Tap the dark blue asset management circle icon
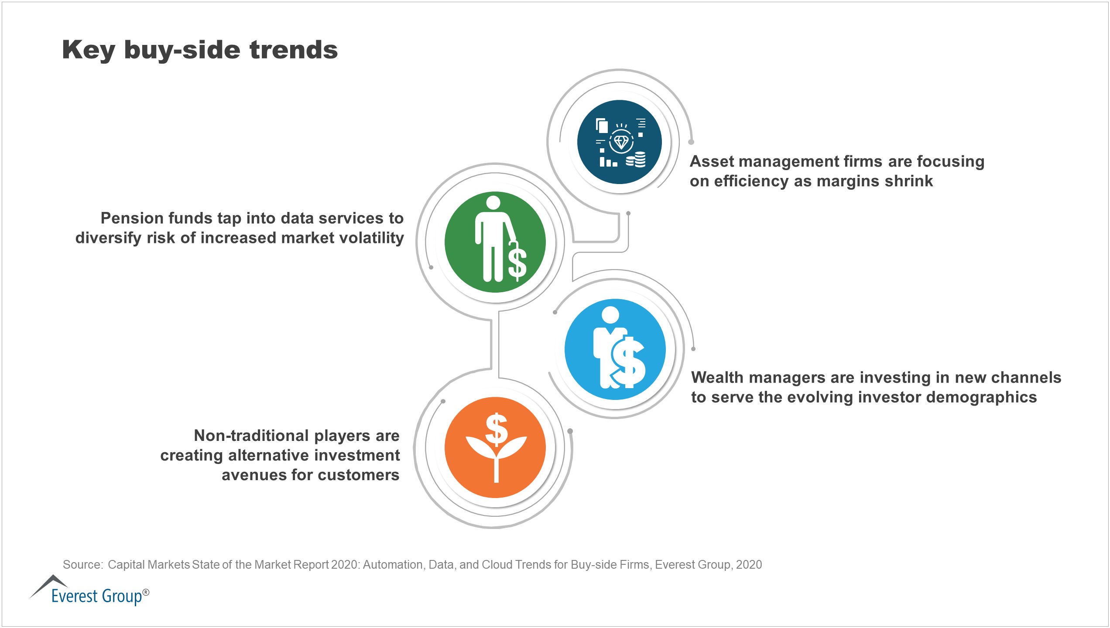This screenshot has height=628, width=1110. (619, 142)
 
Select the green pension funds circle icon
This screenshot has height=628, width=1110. (495, 242)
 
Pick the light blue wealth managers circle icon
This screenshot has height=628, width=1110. (615, 349)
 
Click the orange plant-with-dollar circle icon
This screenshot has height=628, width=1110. (495, 447)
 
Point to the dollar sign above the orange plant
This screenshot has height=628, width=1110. (497, 429)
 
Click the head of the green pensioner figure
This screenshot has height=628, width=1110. (493, 203)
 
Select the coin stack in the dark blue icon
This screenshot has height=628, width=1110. (636, 160)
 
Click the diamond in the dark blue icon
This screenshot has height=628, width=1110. (621, 142)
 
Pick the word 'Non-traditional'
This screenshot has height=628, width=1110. (251, 436)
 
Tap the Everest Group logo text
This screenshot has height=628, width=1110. (97, 596)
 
